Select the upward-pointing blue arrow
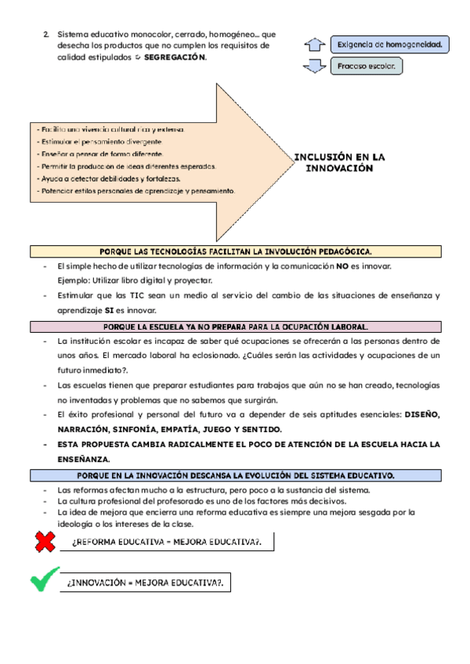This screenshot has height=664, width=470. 313,45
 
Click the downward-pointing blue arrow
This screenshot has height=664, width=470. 313,67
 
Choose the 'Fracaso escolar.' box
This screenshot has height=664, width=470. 367,67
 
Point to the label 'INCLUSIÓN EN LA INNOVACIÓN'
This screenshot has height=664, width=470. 339,162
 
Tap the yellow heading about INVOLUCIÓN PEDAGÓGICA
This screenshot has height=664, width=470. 235,251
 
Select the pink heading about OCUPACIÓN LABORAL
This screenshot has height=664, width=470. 235,327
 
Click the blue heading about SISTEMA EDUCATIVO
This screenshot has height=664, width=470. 235,475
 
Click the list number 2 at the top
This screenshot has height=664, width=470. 46,35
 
